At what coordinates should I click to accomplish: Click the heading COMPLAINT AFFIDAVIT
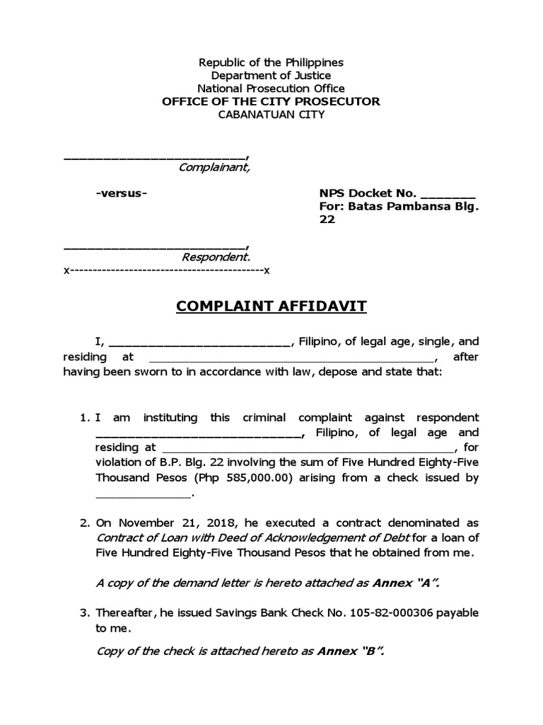(x=271, y=307)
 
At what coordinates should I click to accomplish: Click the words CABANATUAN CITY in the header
(x=271, y=114)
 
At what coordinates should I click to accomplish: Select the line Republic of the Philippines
(x=271, y=62)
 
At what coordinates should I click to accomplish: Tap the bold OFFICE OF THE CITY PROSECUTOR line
(x=271, y=101)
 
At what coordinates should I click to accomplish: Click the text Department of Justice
(x=271, y=75)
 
